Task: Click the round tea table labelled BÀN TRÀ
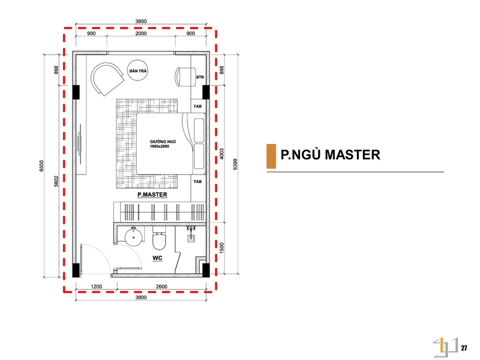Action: [138, 70]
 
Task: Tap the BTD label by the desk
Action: [200, 77]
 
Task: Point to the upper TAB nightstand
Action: [198, 106]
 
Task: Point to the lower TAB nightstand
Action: [198, 182]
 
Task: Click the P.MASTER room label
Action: [152, 194]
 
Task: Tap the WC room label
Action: [157, 258]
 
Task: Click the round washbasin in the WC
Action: [134, 237]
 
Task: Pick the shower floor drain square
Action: [191, 238]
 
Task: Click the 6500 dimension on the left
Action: [41, 166]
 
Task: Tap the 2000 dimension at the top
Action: [141, 34]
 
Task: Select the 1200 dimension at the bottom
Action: [97, 287]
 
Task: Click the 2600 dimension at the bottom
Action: [161, 287]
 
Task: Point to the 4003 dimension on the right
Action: [222, 154]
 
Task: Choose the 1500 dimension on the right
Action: [222, 248]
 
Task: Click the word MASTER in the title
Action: [352, 155]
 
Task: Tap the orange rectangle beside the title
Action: [271, 156]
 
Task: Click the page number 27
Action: [464, 348]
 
